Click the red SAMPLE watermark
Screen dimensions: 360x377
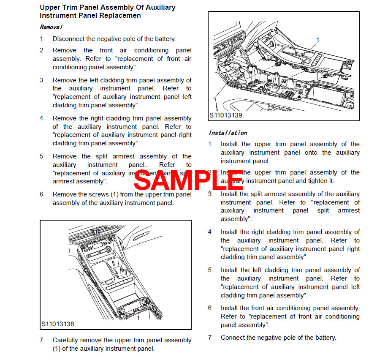(x=188, y=180)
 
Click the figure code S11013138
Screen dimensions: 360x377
(x=58, y=324)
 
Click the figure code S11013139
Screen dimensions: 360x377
(x=226, y=115)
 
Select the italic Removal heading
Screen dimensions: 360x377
(x=51, y=27)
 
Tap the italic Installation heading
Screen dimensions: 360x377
(x=228, y=133)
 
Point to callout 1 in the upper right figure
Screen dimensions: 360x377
(x=317, y=40)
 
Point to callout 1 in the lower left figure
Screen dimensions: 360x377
(x=138, y=318)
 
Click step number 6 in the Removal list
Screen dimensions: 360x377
(x=41, y=194)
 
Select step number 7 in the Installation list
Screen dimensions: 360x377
(x=209, y=338)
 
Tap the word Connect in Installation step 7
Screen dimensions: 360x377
(x=232, y=338)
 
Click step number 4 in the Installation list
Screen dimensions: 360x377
(x=209, y=232)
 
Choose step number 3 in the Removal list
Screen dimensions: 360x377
(x=41, y=80)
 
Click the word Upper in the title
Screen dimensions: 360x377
(x=49, y=8)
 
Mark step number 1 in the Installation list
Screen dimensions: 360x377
(x=209, y=144)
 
